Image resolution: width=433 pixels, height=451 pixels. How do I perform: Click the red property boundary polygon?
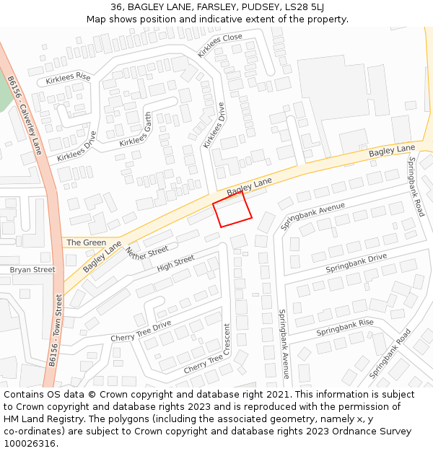232,210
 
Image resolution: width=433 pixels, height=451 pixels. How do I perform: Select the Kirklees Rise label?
68,78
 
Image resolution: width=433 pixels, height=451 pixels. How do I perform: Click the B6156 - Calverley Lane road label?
25,115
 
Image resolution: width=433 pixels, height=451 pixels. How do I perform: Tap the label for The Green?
86,242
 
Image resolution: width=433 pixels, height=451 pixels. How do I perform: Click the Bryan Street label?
32,270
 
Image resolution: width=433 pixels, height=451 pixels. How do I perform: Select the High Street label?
175,264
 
